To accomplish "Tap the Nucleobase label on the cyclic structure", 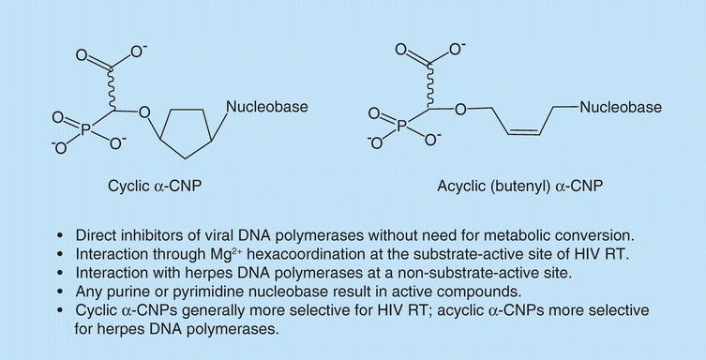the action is pos(267,107).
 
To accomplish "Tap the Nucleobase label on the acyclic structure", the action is pos(621,107).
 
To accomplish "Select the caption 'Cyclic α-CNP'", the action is pos(155,186).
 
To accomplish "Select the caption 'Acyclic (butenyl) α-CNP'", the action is pos(520,186).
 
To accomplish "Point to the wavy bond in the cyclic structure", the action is pos(112,89).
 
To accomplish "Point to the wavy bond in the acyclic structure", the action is pos(429,86).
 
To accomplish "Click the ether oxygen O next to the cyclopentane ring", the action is pos(144,112).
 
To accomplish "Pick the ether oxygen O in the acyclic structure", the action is pos(460,109).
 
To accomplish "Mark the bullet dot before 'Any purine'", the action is pos(61,292).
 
